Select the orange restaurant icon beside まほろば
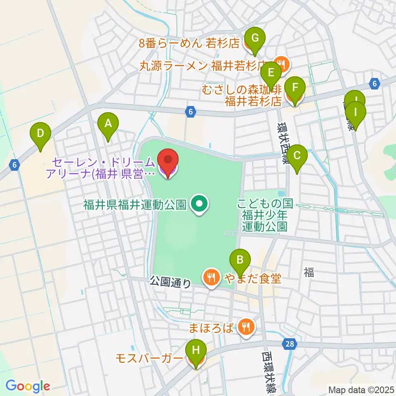pyautogui.click(x=247, y=328)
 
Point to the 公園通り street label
pyautogui.click(x=170, y=282)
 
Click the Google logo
pyautogui.click(x=28, y=386)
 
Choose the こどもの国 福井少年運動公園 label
pyautogui.click(x=264, y=215)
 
